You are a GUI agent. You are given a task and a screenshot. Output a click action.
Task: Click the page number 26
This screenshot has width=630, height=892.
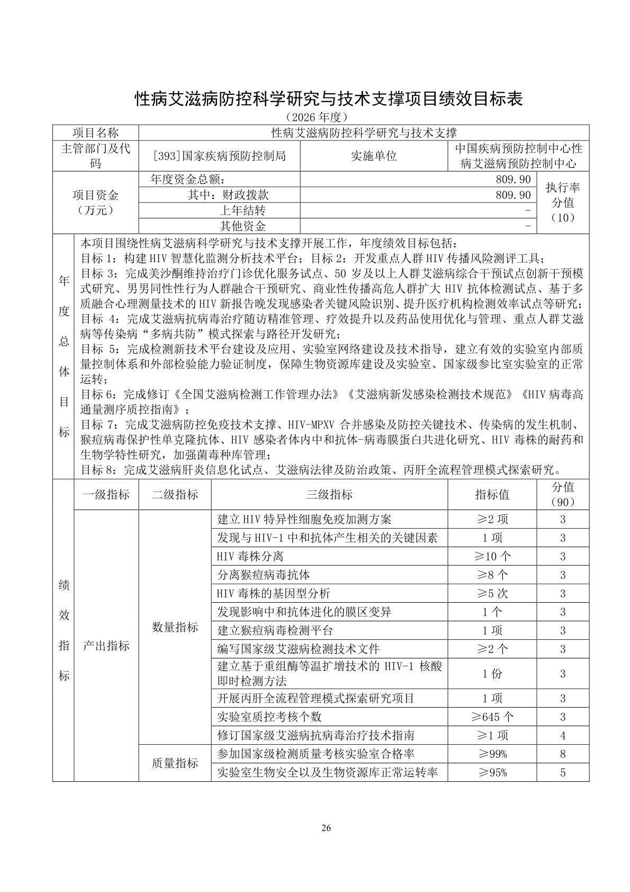(x=326, y=828)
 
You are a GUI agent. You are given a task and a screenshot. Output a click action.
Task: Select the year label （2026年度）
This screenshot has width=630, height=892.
(x=315, y=117)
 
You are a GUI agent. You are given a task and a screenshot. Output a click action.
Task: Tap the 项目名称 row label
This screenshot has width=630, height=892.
(x=95, y=133)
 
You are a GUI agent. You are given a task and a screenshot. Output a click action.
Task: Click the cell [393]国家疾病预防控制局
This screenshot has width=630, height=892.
(x=219, y=156)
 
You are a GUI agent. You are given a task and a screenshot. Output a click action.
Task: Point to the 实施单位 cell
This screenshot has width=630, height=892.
(x=374, y=156)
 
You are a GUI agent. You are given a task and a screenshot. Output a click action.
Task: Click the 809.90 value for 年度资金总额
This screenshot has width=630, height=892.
(x=513, y=180)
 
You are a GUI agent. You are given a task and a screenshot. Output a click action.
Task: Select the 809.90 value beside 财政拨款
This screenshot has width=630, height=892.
(x=513, y=195)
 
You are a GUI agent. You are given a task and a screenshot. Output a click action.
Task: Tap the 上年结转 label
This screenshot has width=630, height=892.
(x=243, y=210)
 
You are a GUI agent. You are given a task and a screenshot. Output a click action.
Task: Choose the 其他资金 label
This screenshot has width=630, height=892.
(x=243, y=226)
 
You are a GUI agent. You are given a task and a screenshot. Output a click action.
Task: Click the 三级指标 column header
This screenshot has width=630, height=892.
(x=329, y=495)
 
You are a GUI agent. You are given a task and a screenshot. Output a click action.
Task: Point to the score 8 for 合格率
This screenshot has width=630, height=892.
(x=562, y=754)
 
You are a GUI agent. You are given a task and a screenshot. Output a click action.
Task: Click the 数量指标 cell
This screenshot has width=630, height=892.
(x=175, y=627)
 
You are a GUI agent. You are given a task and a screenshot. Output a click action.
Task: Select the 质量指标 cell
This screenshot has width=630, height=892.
(x=175, y=763)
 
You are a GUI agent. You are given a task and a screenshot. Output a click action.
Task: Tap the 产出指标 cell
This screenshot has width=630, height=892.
(x=106, y=646)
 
